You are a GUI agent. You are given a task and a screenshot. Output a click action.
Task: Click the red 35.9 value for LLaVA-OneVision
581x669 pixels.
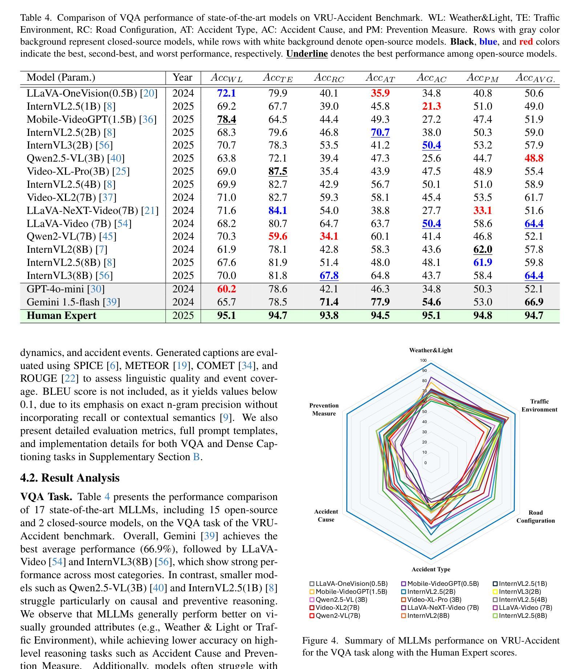click(380, 93)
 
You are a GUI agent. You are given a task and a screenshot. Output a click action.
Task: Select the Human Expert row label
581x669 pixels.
click(62, 315)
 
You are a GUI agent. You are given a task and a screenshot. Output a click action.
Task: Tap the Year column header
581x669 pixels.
click(182, 77)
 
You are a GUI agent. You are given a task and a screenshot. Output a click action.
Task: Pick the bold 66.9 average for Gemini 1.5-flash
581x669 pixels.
click(534, 302)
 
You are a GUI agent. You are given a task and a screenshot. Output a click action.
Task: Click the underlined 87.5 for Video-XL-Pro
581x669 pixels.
click(278, 171)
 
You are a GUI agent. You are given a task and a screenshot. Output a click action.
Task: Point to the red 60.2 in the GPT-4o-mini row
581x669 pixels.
click(226, 289)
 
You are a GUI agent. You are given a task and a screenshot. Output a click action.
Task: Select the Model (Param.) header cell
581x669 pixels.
click(61, 77)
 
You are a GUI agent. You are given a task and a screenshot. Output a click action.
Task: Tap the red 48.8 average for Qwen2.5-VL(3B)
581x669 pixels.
click(534, 158)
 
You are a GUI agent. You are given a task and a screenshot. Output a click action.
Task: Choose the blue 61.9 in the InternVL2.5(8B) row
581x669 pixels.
click(483, 262)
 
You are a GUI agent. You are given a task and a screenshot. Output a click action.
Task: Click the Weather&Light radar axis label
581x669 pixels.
click(431, 350)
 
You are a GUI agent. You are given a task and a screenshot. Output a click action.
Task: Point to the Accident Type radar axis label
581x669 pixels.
click(431, 569)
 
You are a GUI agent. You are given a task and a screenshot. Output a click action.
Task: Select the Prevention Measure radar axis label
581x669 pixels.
click(324, 409)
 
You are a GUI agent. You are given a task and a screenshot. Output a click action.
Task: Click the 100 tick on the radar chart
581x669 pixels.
click(423, 360)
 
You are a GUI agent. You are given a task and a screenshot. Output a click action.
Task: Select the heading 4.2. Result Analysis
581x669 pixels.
click(70, 478)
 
